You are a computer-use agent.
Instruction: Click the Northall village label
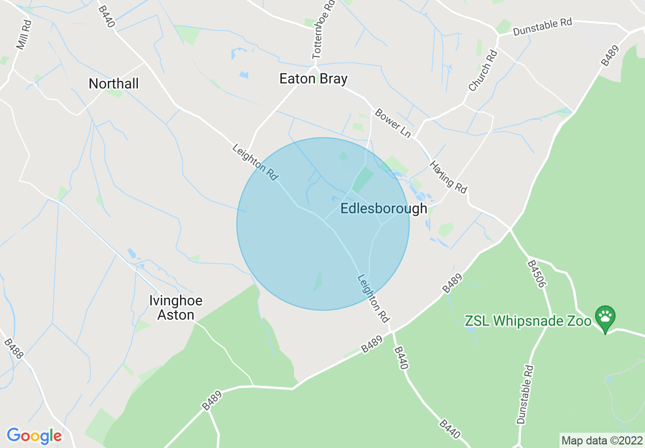[113, 83]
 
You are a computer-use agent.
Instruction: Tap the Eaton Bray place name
[313, 79]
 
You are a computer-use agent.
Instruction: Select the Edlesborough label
[384, 209]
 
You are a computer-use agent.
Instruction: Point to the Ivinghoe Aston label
[175, 307]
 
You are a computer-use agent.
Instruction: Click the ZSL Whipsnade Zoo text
[528, 321]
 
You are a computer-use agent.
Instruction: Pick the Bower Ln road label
[393, 123]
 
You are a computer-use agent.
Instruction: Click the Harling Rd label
[448, 177]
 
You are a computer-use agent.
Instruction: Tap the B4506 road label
[536, 274]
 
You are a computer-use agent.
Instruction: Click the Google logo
[34, 436]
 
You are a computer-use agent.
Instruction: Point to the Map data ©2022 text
[601, 440]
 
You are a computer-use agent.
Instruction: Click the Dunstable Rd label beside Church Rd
[542, 27]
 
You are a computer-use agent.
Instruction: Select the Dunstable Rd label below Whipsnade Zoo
[525, 395]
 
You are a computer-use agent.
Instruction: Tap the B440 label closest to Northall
[106, 17]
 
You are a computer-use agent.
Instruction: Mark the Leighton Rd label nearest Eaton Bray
[255, 162]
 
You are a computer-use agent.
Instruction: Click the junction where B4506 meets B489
[510, 231]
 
